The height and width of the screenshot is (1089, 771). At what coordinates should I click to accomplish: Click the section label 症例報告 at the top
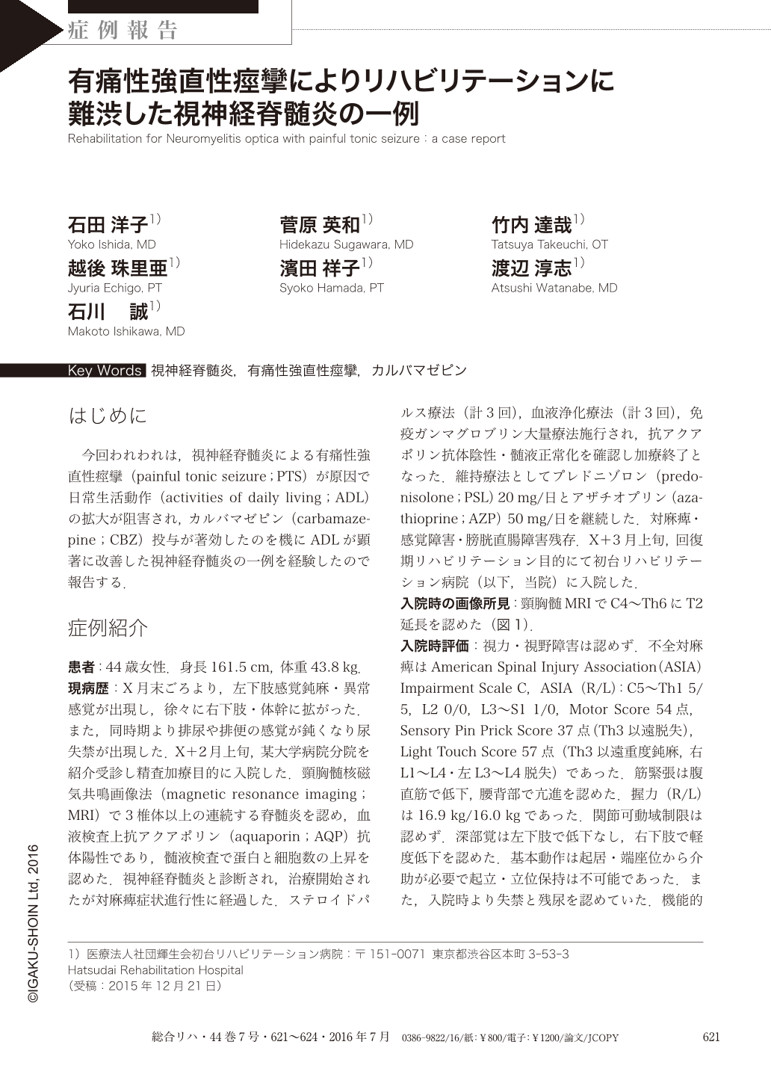pos(123,30)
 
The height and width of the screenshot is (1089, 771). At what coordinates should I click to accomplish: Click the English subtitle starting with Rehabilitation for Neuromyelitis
pos(286,138)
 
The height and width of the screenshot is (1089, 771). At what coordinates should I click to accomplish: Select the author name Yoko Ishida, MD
pos(111,244)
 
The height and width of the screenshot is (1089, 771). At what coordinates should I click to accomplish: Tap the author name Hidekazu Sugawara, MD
pos(346,244)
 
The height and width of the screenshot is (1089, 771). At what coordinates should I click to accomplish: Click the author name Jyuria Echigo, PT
pos(114,288)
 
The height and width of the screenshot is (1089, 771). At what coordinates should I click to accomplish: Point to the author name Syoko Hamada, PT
pos(331,288)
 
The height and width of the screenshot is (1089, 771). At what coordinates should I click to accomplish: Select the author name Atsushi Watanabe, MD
pos(554,288)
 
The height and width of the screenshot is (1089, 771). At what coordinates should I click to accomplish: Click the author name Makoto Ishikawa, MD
pos(126,331)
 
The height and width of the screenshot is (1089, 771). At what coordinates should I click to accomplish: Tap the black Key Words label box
pos(105,371)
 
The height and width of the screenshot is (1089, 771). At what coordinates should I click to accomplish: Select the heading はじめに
pos(108,416)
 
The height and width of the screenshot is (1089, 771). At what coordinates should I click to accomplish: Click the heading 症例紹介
pos(108,629)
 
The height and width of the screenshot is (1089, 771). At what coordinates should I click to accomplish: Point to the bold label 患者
pos(81,667)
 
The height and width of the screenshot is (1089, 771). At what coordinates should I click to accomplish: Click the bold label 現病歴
pos(87,688)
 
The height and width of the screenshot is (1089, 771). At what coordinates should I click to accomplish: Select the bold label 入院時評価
pos(434,646)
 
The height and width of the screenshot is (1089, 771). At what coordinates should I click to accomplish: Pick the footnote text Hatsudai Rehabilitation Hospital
pos(155,970)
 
